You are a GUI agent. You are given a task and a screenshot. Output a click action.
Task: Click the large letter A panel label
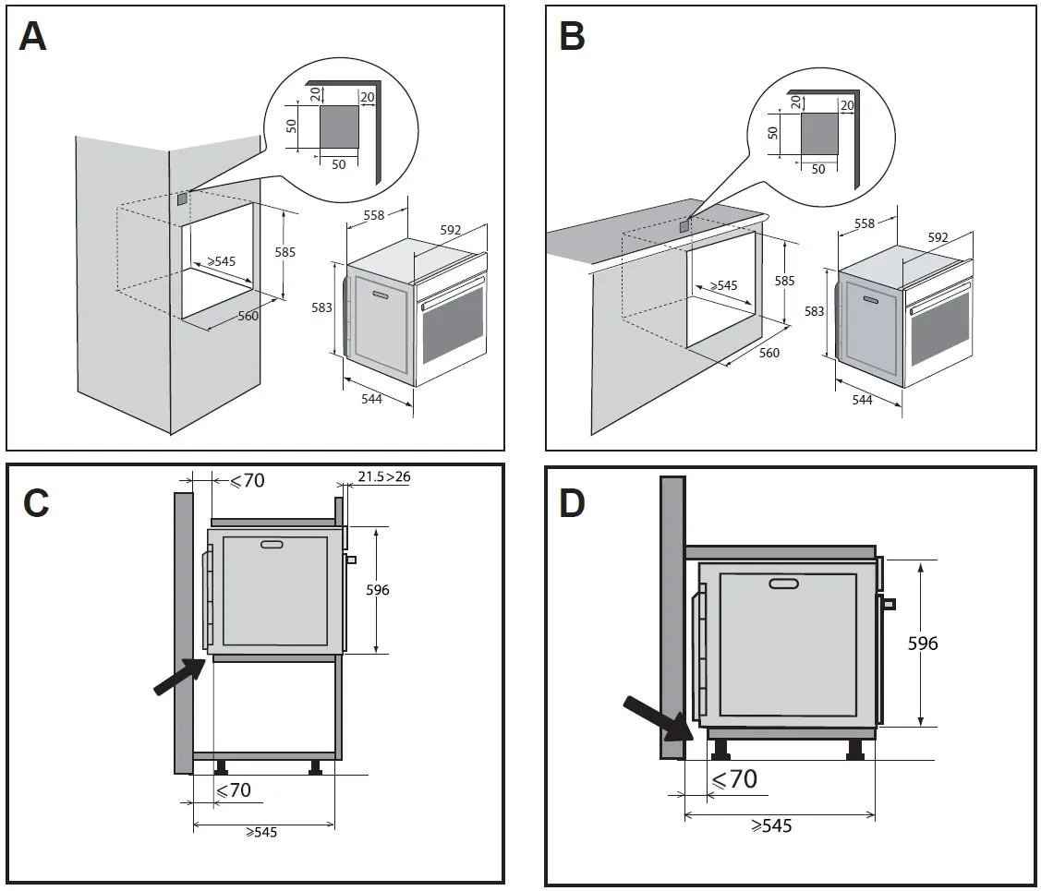click(32, 38)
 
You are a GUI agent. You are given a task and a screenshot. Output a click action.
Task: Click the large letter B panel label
click(572, 38)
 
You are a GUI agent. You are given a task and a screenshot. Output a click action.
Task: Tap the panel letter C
click(36, 503)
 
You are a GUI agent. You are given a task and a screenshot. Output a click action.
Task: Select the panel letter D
click(573, 504)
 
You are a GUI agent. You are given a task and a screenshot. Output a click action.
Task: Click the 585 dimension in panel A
click(285, 251)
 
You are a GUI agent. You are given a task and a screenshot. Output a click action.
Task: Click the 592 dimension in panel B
click(938, 237)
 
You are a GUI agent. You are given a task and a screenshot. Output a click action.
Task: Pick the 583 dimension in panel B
click(814, 311)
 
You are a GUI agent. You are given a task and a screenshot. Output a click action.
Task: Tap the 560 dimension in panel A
click(248, 317)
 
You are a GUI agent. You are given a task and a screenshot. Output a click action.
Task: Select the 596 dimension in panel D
click(922, 643)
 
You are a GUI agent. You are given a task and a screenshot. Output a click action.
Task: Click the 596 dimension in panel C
click(377, 589)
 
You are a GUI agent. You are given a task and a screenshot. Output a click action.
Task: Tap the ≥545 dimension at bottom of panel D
click(771, 825)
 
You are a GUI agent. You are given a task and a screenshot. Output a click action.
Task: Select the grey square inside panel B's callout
click(818, 132)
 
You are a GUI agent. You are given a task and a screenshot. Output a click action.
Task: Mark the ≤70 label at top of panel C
click(247, 480)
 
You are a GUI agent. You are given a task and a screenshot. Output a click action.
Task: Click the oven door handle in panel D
click(783, 584)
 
